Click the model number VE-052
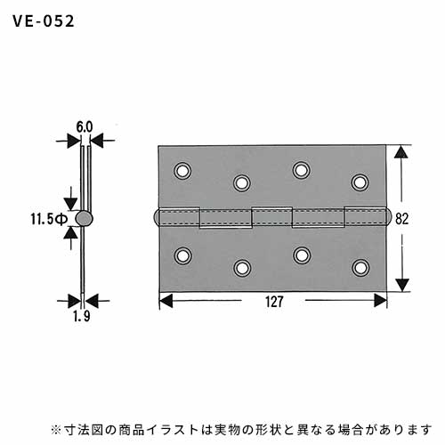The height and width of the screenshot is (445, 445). coord(44,21)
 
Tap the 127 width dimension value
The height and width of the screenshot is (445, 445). coord(274,302)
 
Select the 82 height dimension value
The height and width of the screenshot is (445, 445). coord(402,219)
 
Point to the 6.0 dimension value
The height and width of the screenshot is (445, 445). coord(85,127)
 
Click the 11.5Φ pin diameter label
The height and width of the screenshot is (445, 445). coord(49,220)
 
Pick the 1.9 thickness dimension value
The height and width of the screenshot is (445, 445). coord(82,317)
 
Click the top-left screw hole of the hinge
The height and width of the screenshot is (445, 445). coord(182,171)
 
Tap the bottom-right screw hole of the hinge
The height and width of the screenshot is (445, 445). coord(360,268)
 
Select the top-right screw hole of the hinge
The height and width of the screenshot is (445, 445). coord(360,182)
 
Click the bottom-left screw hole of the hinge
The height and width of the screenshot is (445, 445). coord(182,255)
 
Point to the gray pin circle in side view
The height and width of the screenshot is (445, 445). coord(84,219)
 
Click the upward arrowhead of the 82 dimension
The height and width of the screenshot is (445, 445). coord(401,152)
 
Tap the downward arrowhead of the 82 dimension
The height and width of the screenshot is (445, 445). coord(402,285)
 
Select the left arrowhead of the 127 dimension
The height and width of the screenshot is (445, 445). coord(166,301)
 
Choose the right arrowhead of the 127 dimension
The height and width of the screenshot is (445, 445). coord(380,301)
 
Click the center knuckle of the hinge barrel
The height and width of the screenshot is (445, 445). coord(272,216)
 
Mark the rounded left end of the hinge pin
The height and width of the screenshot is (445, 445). coord(157,218)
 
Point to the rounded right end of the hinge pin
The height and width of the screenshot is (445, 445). coord(389,218)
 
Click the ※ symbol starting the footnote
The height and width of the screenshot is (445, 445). coord(55,430)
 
